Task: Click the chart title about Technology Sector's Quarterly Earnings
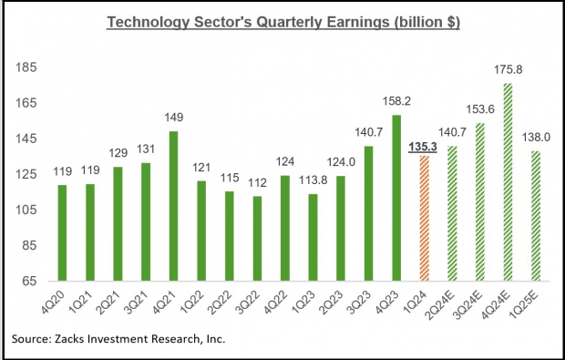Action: tap(282, 21)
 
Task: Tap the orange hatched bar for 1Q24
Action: tap(424, 219)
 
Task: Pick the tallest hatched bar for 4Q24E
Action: tap(507, 182)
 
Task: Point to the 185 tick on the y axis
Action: tap(26, 67)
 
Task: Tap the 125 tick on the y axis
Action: tap(26, 174)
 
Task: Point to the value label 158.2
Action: tap(395, 103)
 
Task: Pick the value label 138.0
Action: tap(536, 139)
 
